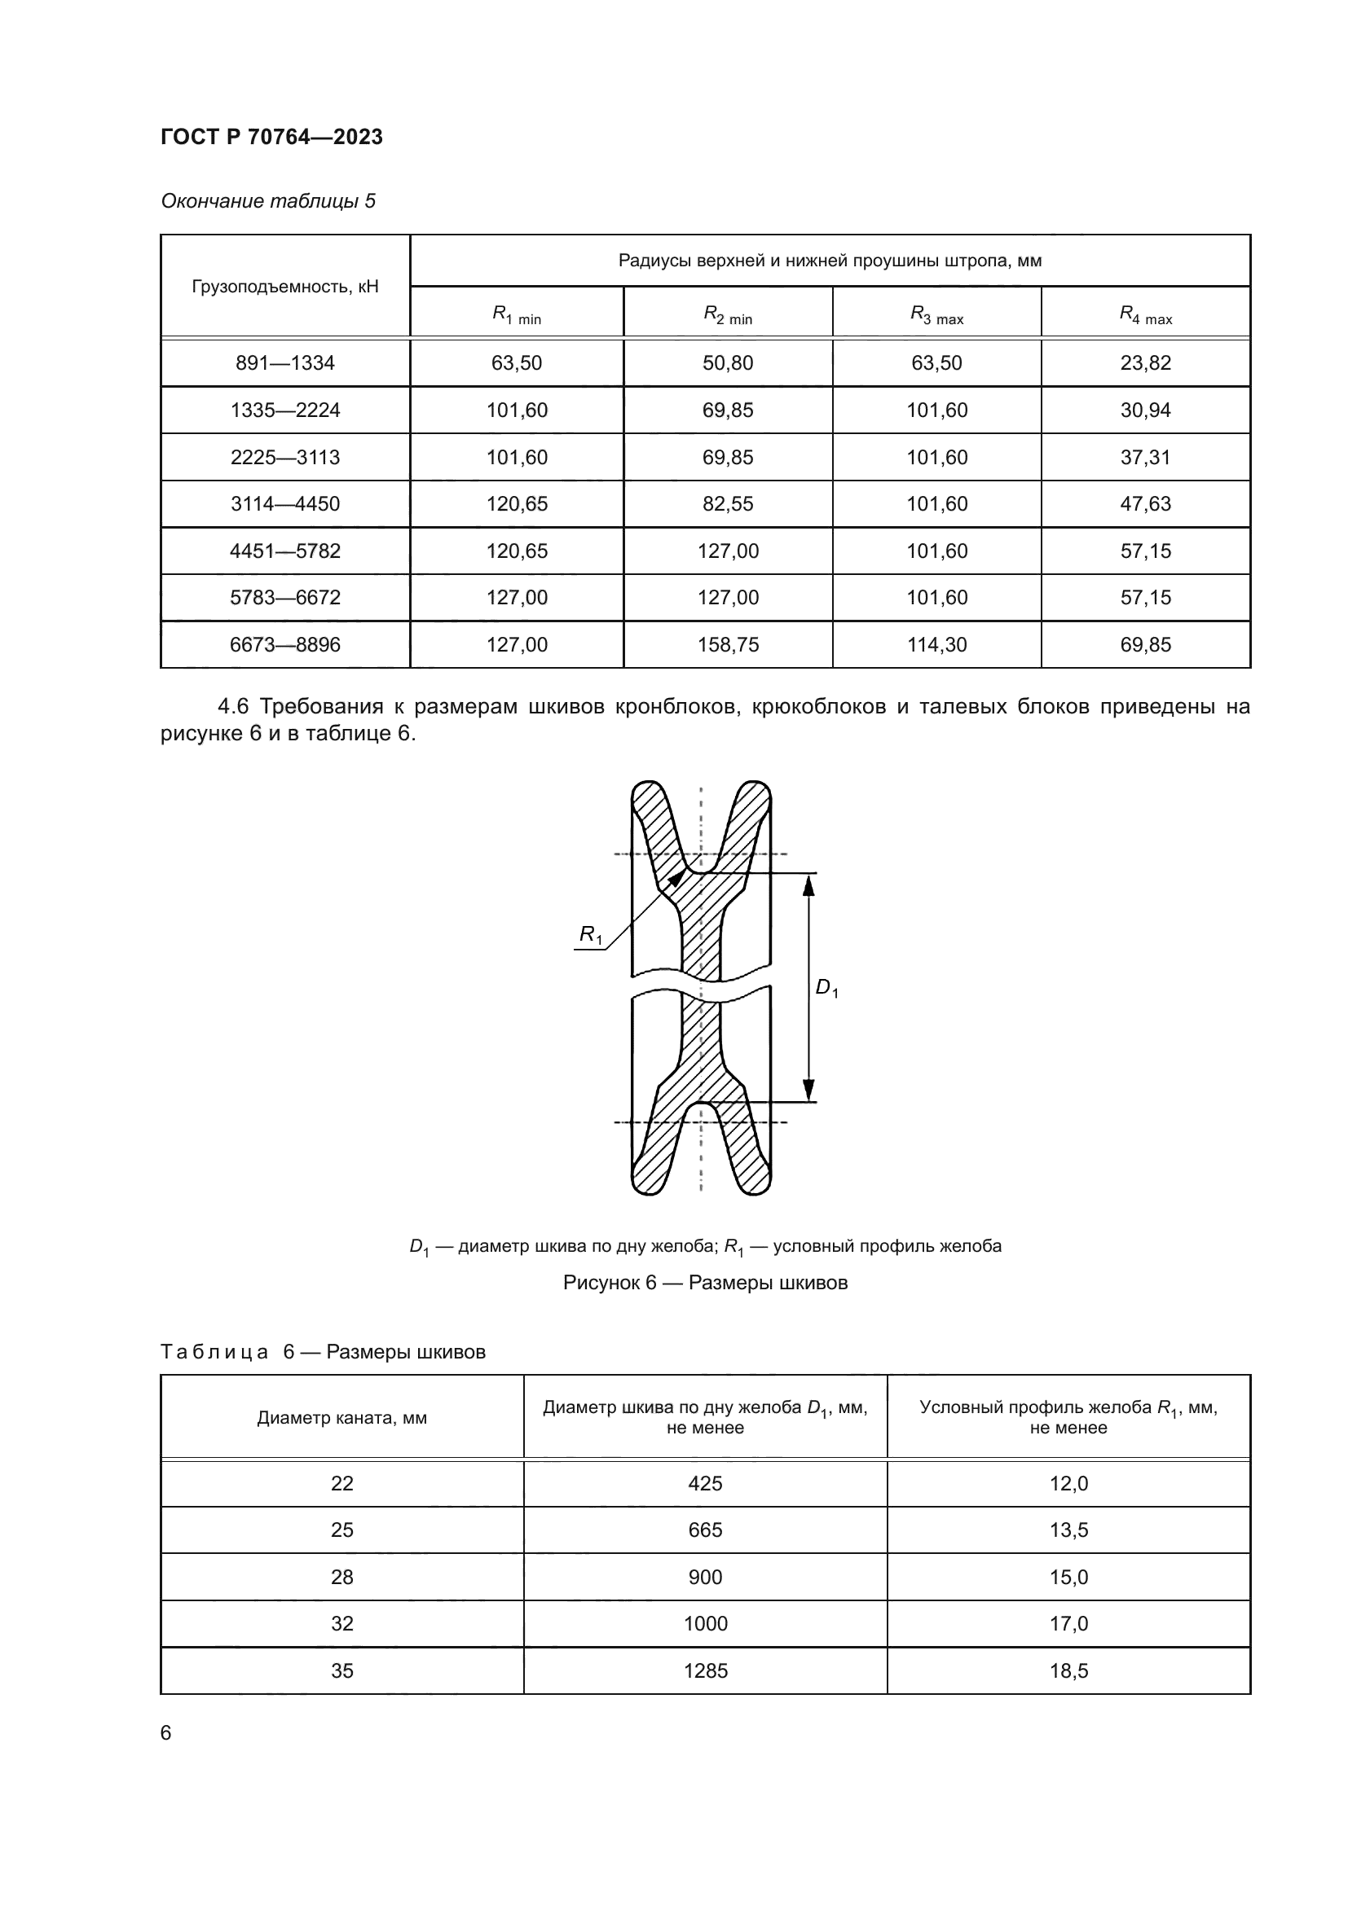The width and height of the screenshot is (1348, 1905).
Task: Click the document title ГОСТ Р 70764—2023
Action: pyautogui.click(x=271, y=137)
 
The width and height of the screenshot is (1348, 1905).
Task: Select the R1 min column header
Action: pyautogui.click(x=516, y=314)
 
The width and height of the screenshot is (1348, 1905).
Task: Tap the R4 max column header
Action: pyautogui.click(x=1145, y=314)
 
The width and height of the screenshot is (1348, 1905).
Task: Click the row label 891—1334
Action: pyautogui.click(x=284, y=362)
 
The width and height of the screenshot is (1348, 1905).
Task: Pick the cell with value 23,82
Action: pyautogui.click(x=1145, y=362)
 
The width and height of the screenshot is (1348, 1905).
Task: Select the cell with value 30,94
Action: pyautogui.click(x=1145, y=410)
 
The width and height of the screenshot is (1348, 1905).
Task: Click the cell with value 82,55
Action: pyautogui.click(x=728, y=503)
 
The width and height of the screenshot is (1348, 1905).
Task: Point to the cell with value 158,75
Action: pyautogui.click(x=728, y=645)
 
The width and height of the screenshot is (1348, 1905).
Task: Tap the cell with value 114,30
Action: pyautogui.click(x=936, y=645)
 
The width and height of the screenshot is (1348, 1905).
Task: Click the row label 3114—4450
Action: pyautogui.click(x=284, y=503)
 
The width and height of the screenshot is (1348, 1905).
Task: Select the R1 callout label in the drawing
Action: pyautogui.click(x=590, y=935)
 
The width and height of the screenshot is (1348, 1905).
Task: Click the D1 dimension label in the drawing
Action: pyautogui.click(x=826, y=987)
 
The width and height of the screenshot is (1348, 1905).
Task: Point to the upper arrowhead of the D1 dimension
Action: pyautogui.click(x=808, y=885)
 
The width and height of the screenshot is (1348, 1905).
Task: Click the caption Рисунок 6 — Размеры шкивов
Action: pyautogui.click(x=705, y=1283)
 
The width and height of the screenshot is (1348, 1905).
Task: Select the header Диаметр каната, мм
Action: pyautogui.click(x=342, y=1417)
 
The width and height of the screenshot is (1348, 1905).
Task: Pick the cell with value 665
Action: pyautogui.click(x=705, y=1530)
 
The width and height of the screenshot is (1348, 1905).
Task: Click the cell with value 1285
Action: pyautogui.click(x=705, y=1670)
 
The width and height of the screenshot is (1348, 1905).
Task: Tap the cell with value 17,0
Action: pyautogui.click(x=1068, y=1624)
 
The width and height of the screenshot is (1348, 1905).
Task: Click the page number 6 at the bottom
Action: pyautogui.click(x=166, y=1733)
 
